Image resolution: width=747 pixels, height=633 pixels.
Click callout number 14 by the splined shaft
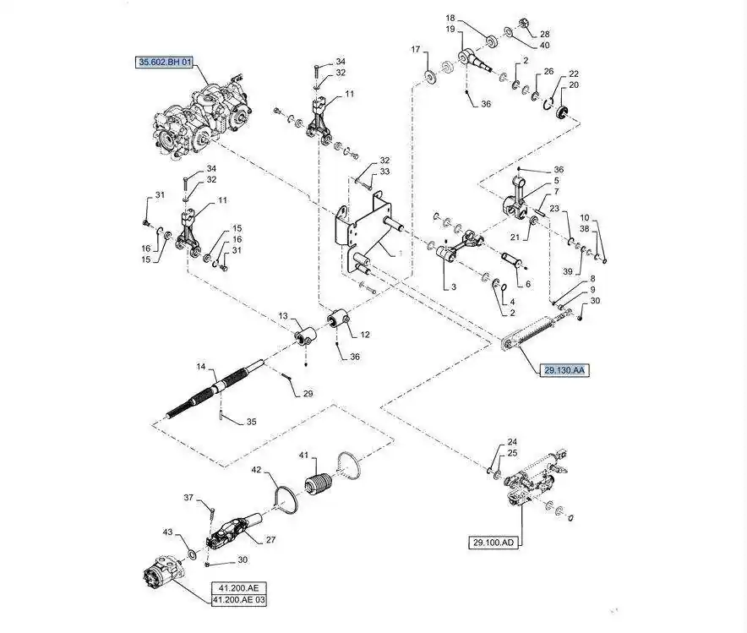click(x=201, y=368)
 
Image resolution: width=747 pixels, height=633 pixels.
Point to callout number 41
click(x=304, y=456)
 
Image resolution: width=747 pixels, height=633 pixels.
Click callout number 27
click(x=270, y=540)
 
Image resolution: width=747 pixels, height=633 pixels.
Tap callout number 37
click(x=189, y=498)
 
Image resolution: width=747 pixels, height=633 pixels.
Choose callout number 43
click(x=167, y=532)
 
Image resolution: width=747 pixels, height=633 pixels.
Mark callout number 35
click(x=250, y=422)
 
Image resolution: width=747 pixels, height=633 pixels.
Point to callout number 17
click(x=416, y=51)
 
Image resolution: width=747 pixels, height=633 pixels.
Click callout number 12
click(x=364, y=335)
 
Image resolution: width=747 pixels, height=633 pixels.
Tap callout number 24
click(x=512, y=442)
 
